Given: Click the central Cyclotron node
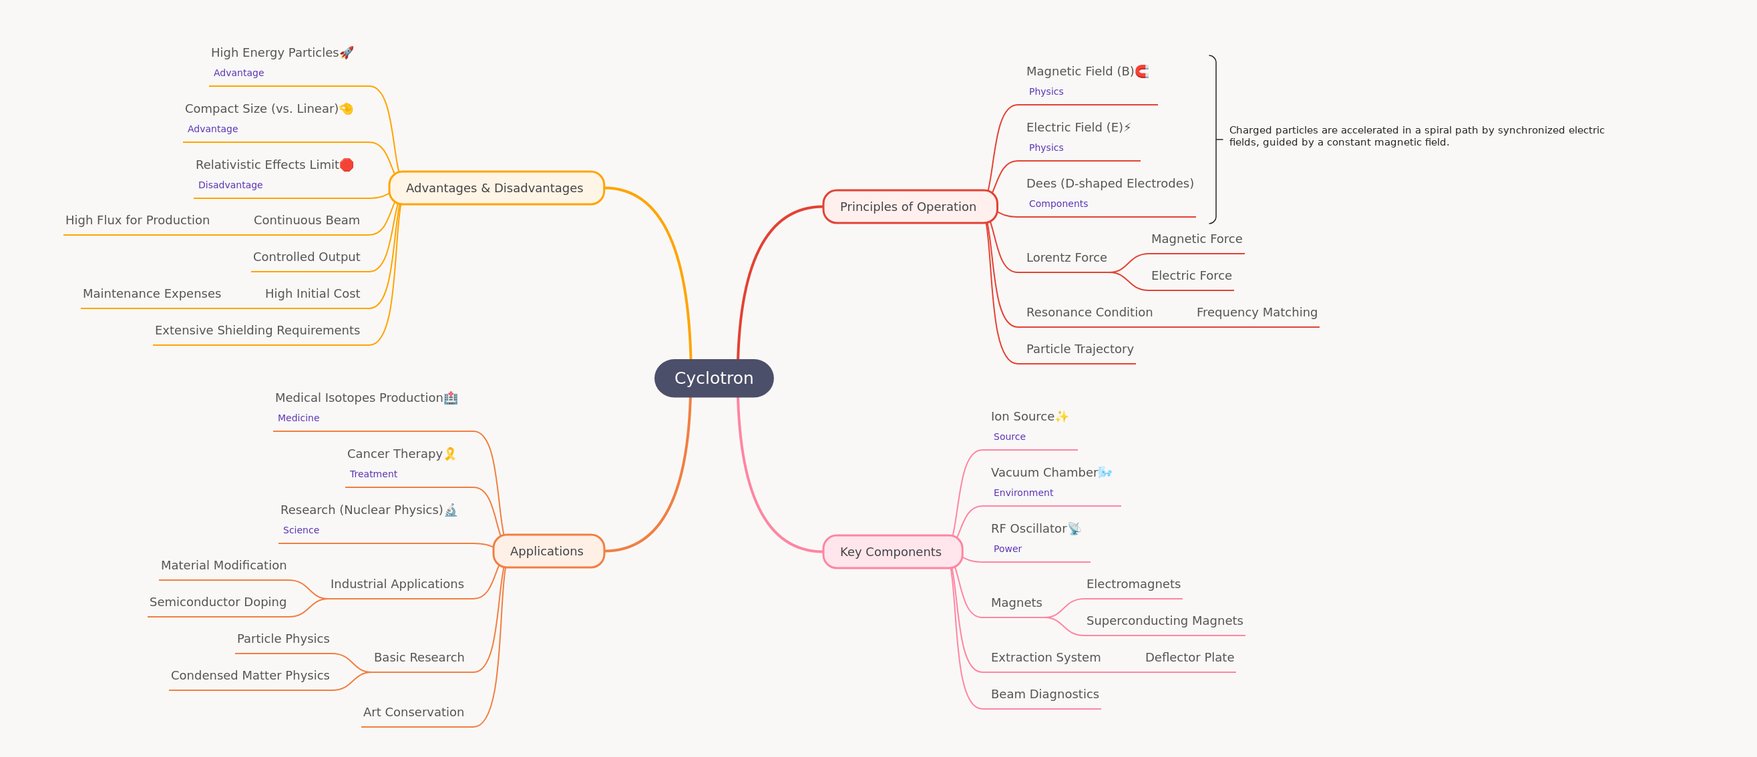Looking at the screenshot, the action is point(713,378).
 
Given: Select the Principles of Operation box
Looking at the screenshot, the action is point(910,207).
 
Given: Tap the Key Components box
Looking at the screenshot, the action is point(892,551).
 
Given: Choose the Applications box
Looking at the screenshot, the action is point(548,551).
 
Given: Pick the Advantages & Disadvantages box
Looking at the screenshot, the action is point(497,188).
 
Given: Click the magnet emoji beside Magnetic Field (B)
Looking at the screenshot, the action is point(1142,71).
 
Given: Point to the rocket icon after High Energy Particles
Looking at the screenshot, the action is point(347,53).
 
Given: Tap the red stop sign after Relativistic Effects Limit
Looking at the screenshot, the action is point(347,164).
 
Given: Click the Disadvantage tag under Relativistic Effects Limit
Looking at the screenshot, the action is point(230,185).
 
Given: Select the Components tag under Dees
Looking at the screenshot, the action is point(1058,203).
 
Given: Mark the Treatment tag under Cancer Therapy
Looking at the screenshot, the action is point(373,474).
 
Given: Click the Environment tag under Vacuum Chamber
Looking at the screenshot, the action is point(1023,493).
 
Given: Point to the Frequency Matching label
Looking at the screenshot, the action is point(1256,312).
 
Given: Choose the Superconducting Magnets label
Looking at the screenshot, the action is point(1164,621).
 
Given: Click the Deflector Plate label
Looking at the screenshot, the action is point(1189,658).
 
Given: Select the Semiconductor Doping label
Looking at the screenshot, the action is point(218,601).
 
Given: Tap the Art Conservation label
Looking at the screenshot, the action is point(413,712).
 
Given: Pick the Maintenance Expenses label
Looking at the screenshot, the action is point(152,293).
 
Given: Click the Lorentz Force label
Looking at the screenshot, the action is point(1066,258).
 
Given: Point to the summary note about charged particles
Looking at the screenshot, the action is point(1416,136).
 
